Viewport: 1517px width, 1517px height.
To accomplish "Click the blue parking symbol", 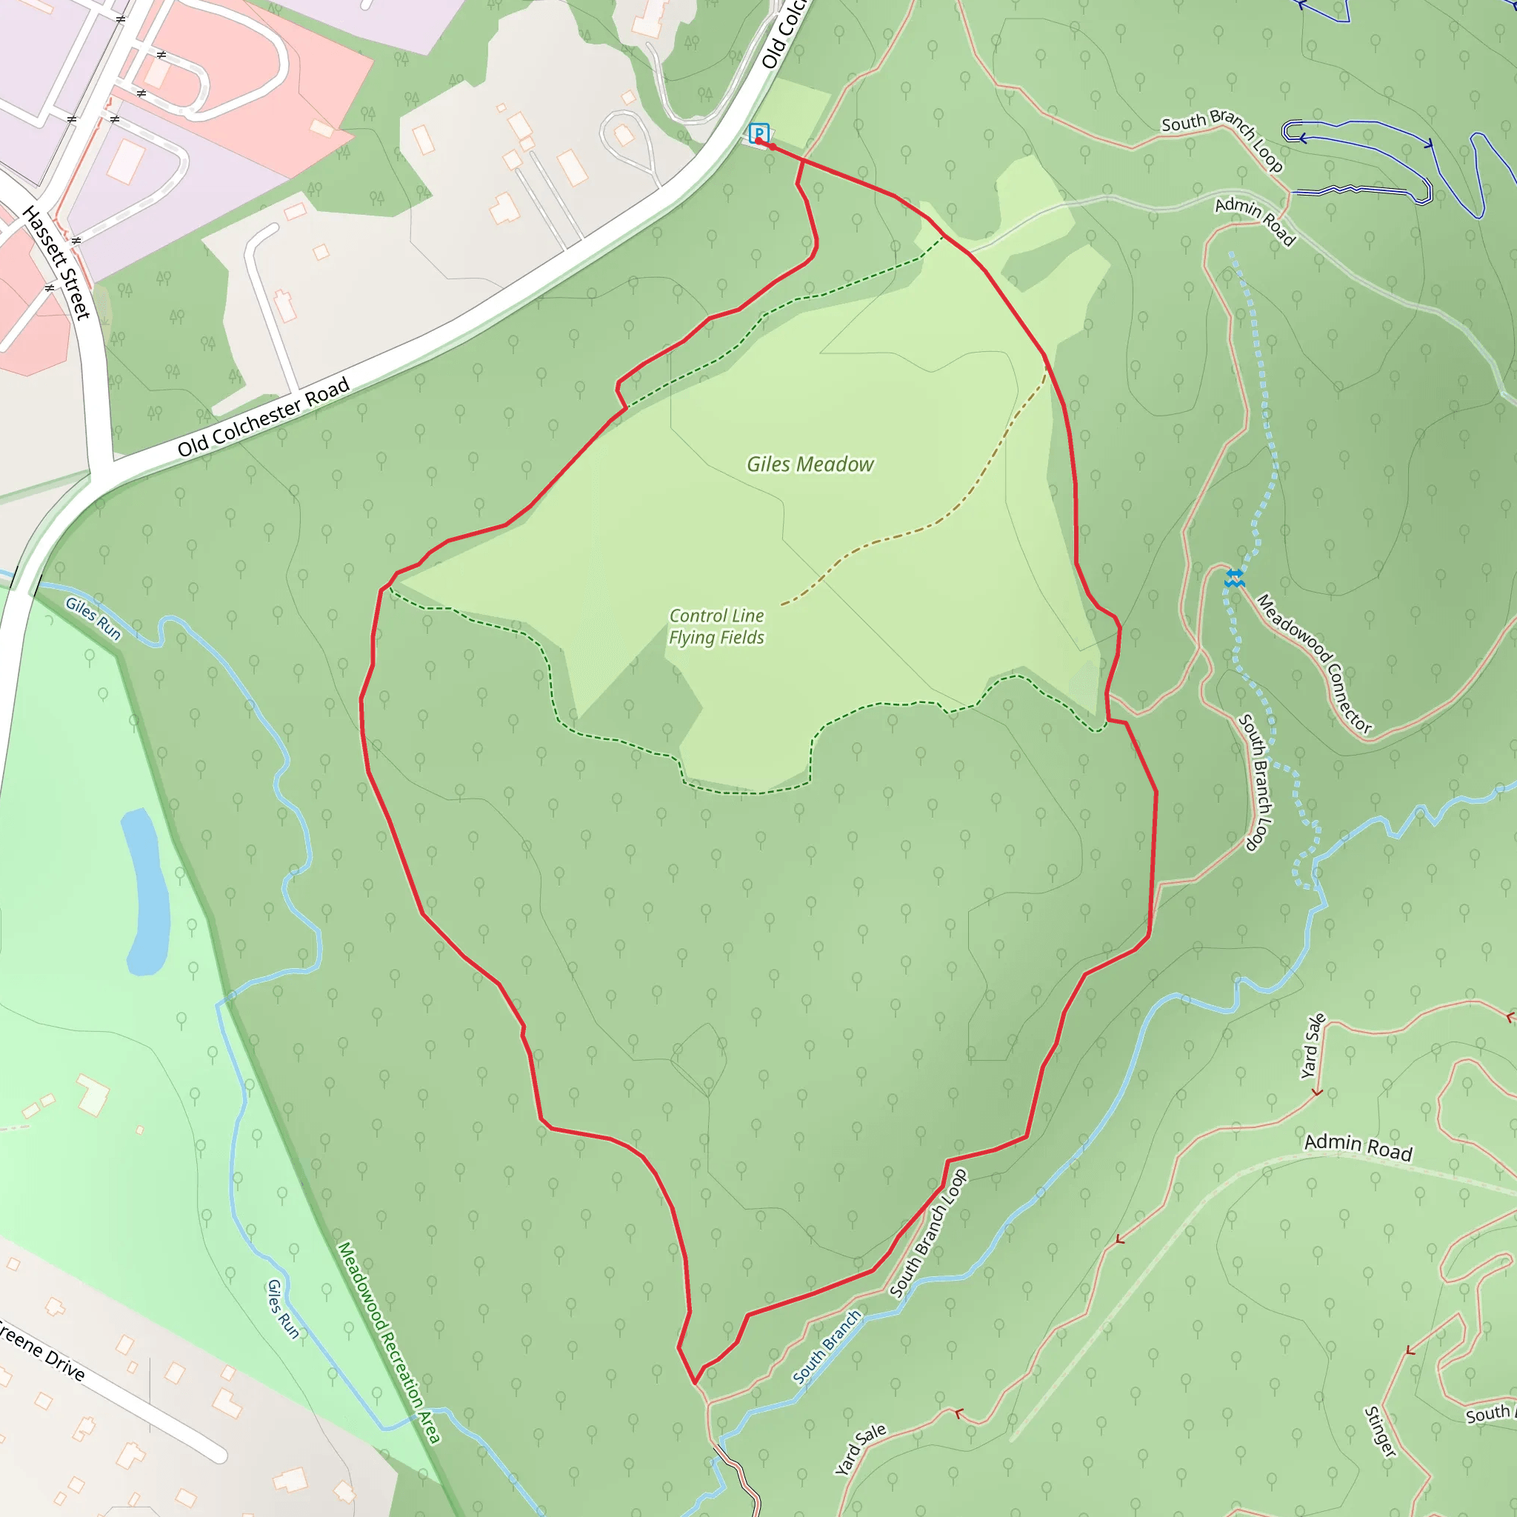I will pos(758,133).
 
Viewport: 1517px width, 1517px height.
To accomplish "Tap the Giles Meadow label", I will pos(810,465).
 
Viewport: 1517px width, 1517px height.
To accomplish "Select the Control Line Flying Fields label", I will pos(716,627).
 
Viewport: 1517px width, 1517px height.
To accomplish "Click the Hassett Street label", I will pos(56,263).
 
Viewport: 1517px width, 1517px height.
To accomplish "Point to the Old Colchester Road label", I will pos(263,418).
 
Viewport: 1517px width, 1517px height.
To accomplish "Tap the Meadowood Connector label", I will pos(1313,664).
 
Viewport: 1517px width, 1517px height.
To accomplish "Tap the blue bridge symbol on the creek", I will pos(1234,579).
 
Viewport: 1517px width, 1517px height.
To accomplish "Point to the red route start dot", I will pos(772,147).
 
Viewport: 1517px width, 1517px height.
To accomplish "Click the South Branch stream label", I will pos(826,1347).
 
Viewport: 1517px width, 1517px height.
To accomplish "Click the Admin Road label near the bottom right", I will pos(1358,1147).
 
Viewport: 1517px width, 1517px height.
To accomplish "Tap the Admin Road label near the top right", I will pos(1255,221).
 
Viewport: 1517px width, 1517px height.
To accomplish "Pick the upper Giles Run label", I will pos(93,619).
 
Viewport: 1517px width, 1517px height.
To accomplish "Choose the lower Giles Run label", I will pos(283,1309).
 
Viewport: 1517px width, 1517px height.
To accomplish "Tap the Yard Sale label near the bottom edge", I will pos(860,1450).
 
